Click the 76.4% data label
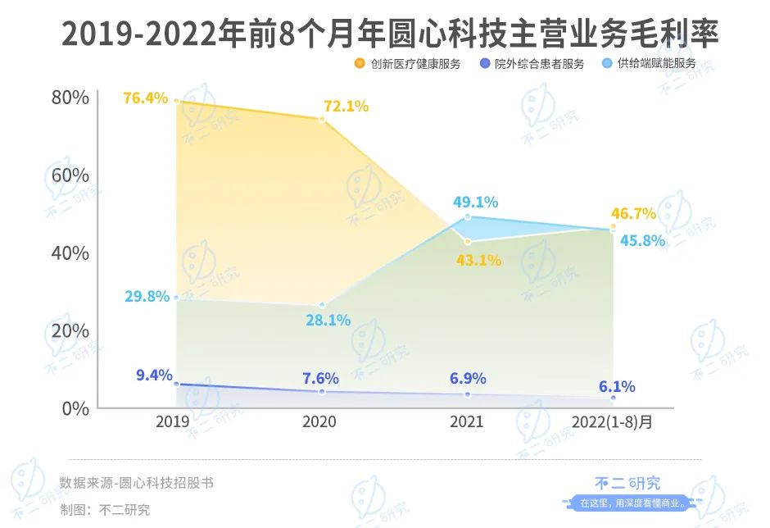click(145, 98)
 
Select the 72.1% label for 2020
click(346, 106)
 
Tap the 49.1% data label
click(475, 202)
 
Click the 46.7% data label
click(633, 214)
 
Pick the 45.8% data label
click(641, 243)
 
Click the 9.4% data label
click(154, 376)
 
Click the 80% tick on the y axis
click(70, 98)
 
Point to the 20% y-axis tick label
click(70, 330)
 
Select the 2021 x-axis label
click(467, 421)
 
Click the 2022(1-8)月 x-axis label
click(613, 421)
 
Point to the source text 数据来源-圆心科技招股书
click(137, 483)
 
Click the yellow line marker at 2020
click(322, 119)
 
